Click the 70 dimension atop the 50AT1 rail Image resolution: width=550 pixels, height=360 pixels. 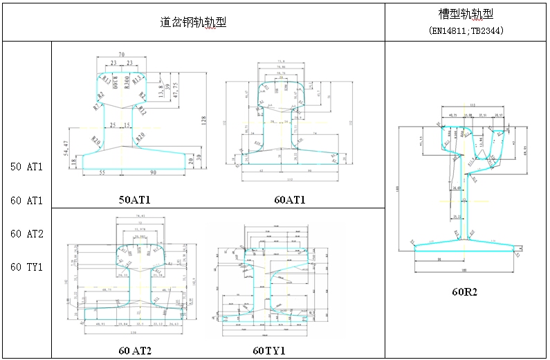pyautogui.click(x=121, y=53)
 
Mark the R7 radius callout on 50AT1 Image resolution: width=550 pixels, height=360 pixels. pyautogui.click(x=95, y=107)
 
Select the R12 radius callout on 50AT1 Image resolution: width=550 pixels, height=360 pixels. pyautogui.click(x=141, y=110)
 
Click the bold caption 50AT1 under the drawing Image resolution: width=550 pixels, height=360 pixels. pyautogui.click(x=135, y=199)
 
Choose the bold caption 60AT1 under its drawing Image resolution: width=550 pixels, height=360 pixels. pyautogui.click(x=289, y=199)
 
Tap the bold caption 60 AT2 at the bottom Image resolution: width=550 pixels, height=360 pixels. pyautogui.click(x=135, y=350)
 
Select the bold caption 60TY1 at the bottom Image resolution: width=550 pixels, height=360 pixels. pyautogui.click(x=269, y=350)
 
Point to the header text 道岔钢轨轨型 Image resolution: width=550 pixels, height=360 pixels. pyautogui.click(x=194, y=22)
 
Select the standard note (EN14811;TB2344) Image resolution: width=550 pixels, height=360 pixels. pyautogui.click(x=465, y=31)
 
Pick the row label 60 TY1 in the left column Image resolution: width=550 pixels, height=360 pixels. pyautogui.click(x=27, y=267)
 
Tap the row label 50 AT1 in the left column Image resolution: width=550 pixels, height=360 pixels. pyautogui.click(x=27, y=167)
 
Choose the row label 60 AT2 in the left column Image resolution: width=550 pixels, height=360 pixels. pyautogui.click(x=27, y=234)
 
